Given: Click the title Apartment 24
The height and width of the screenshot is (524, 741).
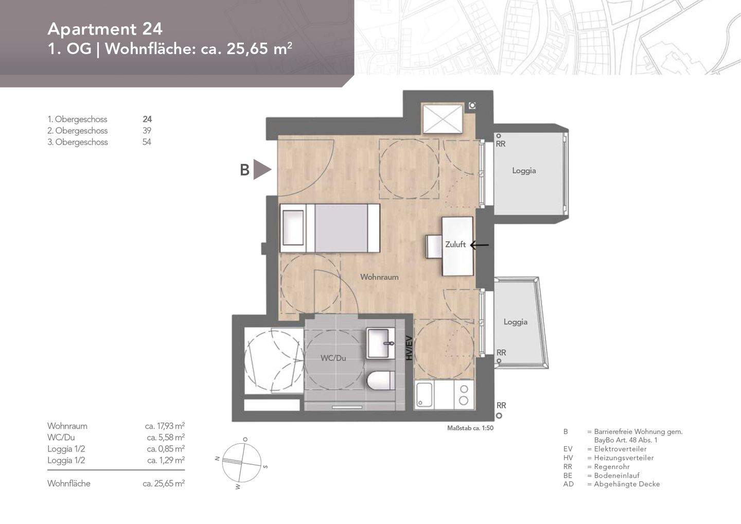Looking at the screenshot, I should (105, 29).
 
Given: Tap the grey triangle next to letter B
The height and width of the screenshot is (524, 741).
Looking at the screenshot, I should (261, 169).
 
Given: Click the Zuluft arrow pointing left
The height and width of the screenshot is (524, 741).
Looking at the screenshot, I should (479, 245).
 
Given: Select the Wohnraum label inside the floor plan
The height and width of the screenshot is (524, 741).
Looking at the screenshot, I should (379, 277).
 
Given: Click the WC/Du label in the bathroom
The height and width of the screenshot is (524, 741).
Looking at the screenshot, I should (333, 358).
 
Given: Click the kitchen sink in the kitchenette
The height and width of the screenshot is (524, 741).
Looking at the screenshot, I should (425, 395).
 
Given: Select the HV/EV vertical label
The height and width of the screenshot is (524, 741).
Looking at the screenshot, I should (409, 347).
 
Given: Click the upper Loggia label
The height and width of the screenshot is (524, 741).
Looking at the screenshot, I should (524, 170).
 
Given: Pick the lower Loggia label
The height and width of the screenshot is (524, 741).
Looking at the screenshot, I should (515, 322).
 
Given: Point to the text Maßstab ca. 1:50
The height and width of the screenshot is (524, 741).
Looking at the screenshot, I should (470, 428).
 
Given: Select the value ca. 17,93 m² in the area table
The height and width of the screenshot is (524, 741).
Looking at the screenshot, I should (165, 426).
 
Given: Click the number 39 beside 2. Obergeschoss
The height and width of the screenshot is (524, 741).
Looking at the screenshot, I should (147, 131).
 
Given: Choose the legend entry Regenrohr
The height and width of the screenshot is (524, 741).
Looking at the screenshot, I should (612, 467).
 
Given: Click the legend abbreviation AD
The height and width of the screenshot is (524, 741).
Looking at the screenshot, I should (568, 484).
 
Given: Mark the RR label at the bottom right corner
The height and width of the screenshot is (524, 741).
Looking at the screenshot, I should (501, 406).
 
